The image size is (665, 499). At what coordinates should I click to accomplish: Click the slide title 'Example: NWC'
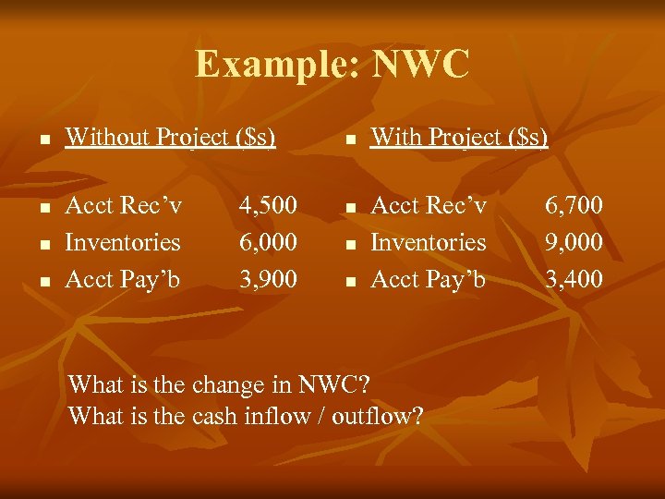(332, 65)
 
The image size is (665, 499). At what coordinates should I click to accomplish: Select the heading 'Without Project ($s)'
(170, 138)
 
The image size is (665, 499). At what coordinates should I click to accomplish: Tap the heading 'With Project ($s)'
(459, 138)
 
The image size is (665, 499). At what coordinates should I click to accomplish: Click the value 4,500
(268, 204)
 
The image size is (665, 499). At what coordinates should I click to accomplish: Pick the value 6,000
(268, 242)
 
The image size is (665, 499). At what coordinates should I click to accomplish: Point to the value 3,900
(268, 279)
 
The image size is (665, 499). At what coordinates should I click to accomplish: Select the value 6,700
(574, 204)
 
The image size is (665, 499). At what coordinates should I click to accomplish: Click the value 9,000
(574, 242)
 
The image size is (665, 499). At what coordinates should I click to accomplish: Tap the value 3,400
(574, 279)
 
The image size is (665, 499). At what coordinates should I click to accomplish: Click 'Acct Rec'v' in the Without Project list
(124, 204)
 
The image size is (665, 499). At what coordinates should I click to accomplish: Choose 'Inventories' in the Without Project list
(123, 242)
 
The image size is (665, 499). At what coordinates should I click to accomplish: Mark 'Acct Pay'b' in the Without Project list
(123, 279)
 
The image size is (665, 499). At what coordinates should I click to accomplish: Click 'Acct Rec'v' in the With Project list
(429, 204)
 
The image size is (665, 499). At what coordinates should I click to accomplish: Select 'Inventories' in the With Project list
(429, 242)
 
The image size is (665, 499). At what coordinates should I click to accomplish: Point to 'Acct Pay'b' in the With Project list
(429, 279)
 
